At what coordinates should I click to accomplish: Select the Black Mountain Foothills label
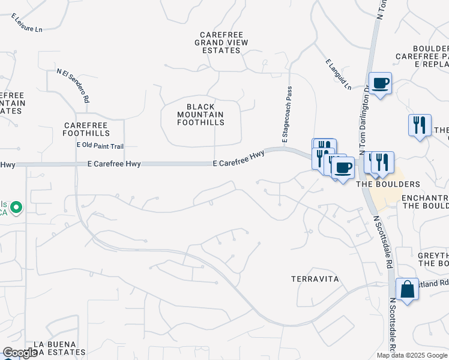[x=200, y=114]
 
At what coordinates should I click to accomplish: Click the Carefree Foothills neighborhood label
[x=87, y=128]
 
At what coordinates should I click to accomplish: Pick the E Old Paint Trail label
[x=100, y=146]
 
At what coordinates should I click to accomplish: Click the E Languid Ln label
[x=339, y=74]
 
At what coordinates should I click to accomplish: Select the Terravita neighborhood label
[x=315, y=279]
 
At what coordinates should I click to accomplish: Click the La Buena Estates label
[x=55, y=347]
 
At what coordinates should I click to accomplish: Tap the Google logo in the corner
[x=20, y=353]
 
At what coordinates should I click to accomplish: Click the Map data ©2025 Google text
[x=412, y=355]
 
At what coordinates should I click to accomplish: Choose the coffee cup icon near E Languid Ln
[x=379, y=83]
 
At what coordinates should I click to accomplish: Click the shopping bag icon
[x=407, y=289]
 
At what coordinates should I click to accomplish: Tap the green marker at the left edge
[x=16, y=208]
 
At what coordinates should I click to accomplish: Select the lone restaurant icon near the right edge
[x=419, y=125]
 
